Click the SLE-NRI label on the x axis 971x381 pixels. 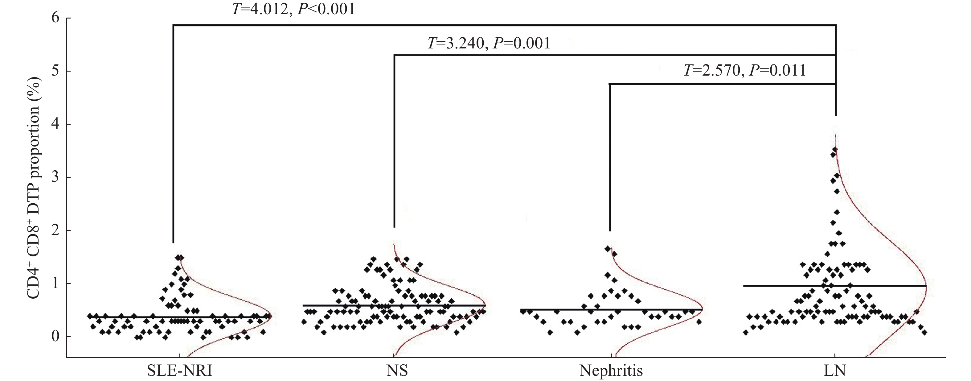179,371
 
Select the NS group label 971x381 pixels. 397,371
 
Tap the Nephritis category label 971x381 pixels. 611,371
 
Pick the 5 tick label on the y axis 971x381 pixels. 56,71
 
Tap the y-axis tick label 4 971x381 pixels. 56,124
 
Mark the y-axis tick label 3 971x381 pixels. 56,177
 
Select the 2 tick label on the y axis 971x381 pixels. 56,230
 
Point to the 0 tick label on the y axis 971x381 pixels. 56,337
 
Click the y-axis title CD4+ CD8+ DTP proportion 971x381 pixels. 34,188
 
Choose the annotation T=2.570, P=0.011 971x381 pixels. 744,71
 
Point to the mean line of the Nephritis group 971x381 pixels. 565,309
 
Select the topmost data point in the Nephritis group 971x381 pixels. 607,249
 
